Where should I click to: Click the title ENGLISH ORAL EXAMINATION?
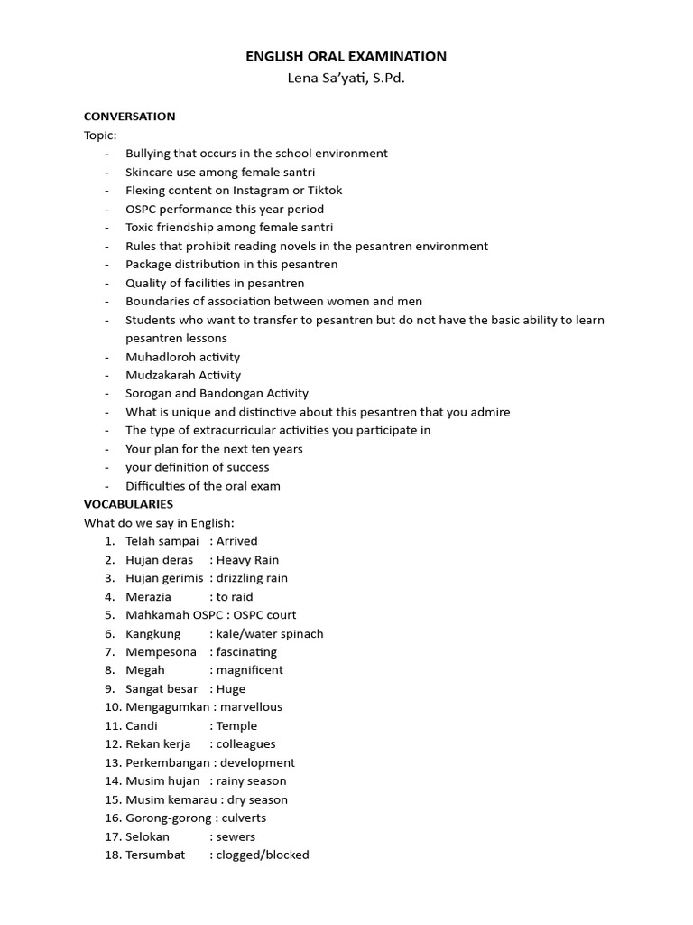point(346,56)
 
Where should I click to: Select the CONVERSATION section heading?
point(129,117)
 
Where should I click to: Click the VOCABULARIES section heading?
point(128,504)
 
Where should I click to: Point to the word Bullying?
point(148,154)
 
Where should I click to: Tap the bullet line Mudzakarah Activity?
point(183,375)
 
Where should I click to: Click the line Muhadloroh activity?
point(183,357)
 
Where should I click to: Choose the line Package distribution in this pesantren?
point(232,265)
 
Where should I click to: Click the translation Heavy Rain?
point(248,560)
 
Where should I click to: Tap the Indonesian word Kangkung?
point(152,633)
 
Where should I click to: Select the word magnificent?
point(250,670)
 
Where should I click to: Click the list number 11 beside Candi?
point(112,725)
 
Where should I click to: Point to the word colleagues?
point(246,744)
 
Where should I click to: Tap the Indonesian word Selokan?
point(147,836)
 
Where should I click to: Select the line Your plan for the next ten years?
point(214,449)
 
